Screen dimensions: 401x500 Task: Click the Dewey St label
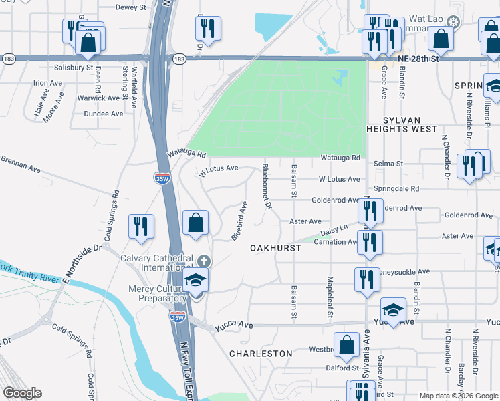point(131,7)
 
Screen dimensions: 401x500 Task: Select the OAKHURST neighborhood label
point(276,247)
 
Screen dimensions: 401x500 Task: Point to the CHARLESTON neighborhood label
point(261,353)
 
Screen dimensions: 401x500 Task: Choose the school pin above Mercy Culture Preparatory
point(195,281)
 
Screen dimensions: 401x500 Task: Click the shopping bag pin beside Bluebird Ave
point(195,224)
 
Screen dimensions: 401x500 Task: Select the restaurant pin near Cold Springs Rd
point(141,227)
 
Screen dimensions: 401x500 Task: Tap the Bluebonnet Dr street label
point(266,186)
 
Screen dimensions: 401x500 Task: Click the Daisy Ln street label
point(334,230)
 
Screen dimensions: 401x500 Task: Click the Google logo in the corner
point(22,393)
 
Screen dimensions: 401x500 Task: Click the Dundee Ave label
point(104,114)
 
